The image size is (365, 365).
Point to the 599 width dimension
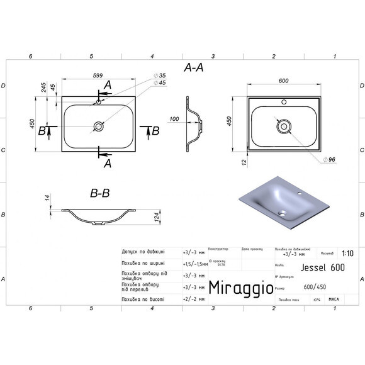coord(98,76)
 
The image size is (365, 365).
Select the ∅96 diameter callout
coord(331,159)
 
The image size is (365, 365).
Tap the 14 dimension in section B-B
coord(46,199)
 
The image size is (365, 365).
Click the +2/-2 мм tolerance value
coord(193,300)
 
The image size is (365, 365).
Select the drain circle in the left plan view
coord(99,126)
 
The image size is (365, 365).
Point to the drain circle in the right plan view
coord(284,126)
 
